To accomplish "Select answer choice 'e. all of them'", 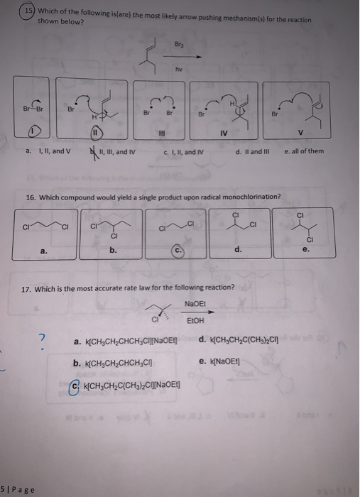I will (x=304, y=151).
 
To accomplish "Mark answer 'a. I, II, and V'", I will (x=47, y=151).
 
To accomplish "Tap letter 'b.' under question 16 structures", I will (x=114, y=249).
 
